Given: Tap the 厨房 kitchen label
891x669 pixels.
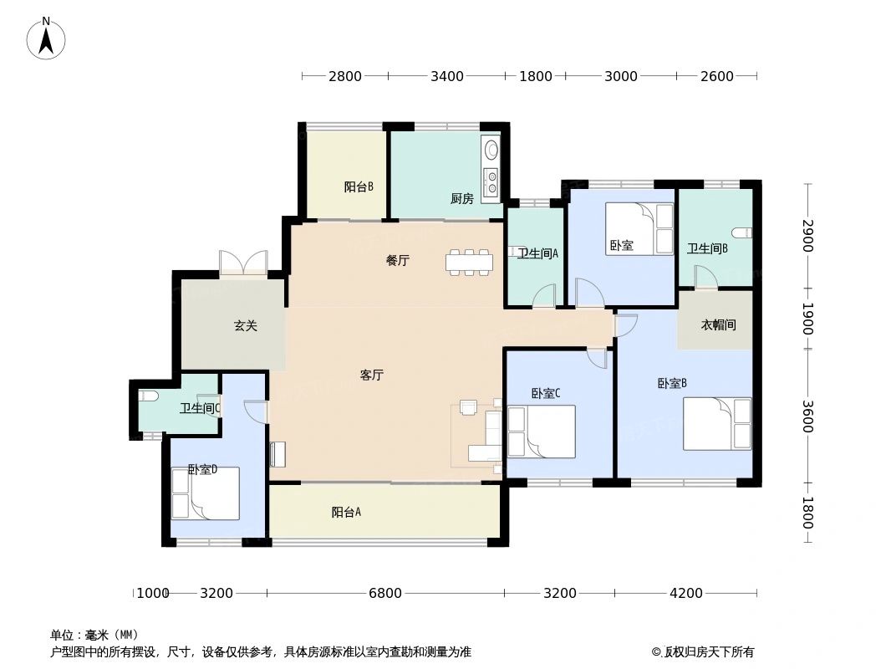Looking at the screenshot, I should tap(461, 199).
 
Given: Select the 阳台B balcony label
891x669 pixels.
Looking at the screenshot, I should tap(359, 186).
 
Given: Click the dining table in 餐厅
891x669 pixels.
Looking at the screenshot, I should tap(470, 262).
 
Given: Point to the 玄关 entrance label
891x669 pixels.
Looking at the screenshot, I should tap(245, 326).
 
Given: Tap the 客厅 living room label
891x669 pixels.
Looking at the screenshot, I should tap(372, 375).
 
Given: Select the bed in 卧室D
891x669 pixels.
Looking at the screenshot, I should tap(205, 493).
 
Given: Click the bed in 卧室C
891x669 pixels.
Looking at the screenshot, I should tap(541, 432).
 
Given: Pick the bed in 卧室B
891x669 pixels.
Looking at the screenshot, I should tap(717, 424).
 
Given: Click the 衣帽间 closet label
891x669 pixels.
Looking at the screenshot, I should tap(718, 324).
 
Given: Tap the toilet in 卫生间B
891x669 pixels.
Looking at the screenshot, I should tap(741, 232).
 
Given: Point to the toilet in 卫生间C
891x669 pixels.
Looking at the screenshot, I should tap(149, 396).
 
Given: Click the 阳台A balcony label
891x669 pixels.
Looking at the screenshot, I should tap(346, 513).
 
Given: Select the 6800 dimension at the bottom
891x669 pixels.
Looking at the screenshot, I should tap(385, 594).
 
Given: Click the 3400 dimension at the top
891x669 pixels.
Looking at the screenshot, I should tap(447, 77).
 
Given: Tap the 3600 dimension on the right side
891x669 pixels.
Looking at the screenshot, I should tap(807, 416).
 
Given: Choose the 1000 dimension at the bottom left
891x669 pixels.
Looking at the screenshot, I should tap(152, 594).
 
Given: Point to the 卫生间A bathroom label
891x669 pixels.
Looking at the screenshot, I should tap(537, 253).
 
